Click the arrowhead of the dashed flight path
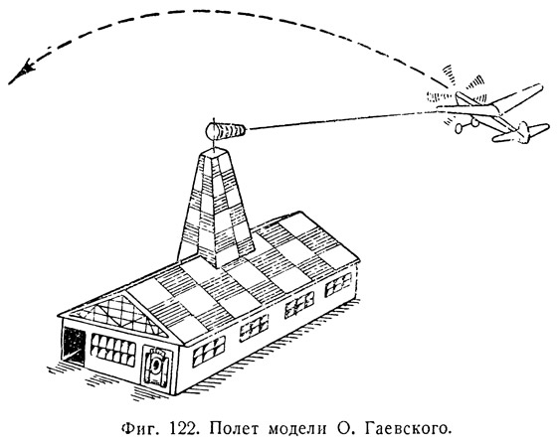point(22,72)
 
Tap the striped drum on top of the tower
point(226,131)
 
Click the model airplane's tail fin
point(524,131)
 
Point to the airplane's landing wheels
point(466,125)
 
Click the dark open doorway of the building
point(74,346)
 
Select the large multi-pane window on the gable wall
point(113,351)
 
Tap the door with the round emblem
point(156,368)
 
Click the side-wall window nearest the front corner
point(209,351)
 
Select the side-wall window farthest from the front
point(338,285)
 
